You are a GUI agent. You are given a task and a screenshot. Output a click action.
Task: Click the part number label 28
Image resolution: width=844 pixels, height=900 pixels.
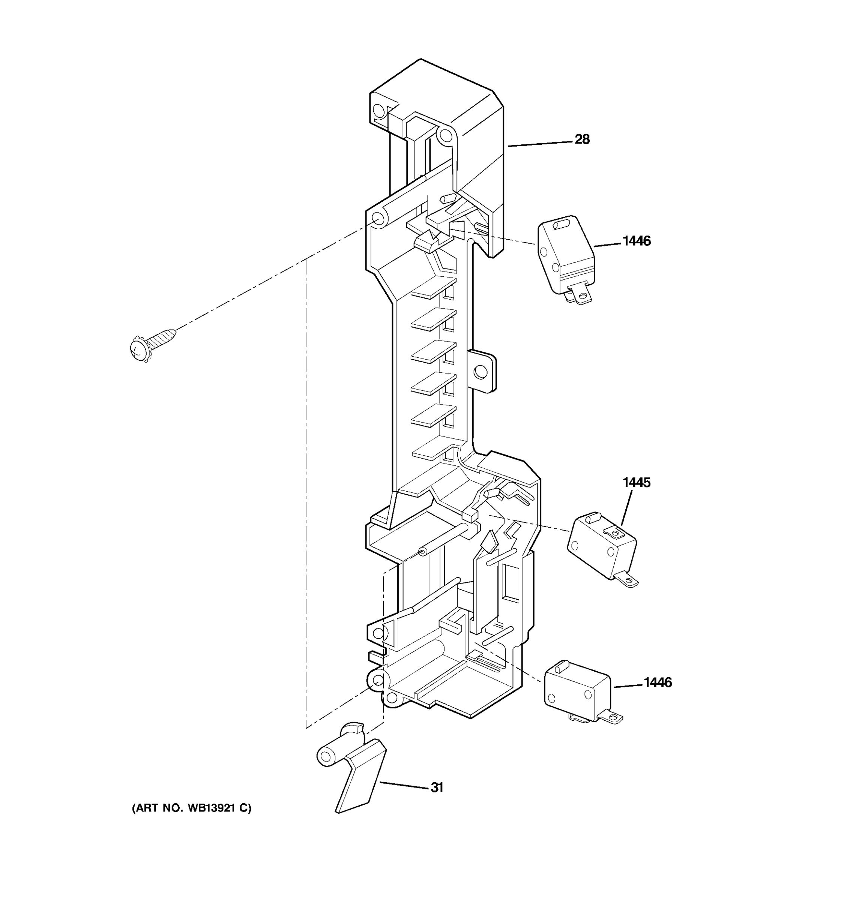click(582, 139)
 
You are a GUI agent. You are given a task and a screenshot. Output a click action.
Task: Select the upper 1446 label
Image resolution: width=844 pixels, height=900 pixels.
click(636, 241)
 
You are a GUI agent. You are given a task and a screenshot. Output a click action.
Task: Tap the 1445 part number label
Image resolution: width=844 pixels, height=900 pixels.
click(636, 483)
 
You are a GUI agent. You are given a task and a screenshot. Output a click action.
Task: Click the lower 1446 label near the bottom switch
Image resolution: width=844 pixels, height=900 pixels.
click(658, 682)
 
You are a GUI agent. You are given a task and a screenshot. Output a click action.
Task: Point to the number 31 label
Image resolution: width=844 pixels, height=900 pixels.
click(437, 788)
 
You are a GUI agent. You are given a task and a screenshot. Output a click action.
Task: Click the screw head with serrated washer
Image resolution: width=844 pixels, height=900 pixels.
click(139, 349)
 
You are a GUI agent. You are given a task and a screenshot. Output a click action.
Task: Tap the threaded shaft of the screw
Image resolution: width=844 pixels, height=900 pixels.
click(164, 337)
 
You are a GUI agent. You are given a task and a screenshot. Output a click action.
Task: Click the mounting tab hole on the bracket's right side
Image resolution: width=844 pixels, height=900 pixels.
click(480, 372)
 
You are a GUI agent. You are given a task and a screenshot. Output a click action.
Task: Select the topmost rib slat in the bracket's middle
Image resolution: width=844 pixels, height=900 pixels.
click(433, 288)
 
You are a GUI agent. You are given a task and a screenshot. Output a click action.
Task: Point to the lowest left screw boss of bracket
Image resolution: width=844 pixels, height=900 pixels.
click(377, 679)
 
